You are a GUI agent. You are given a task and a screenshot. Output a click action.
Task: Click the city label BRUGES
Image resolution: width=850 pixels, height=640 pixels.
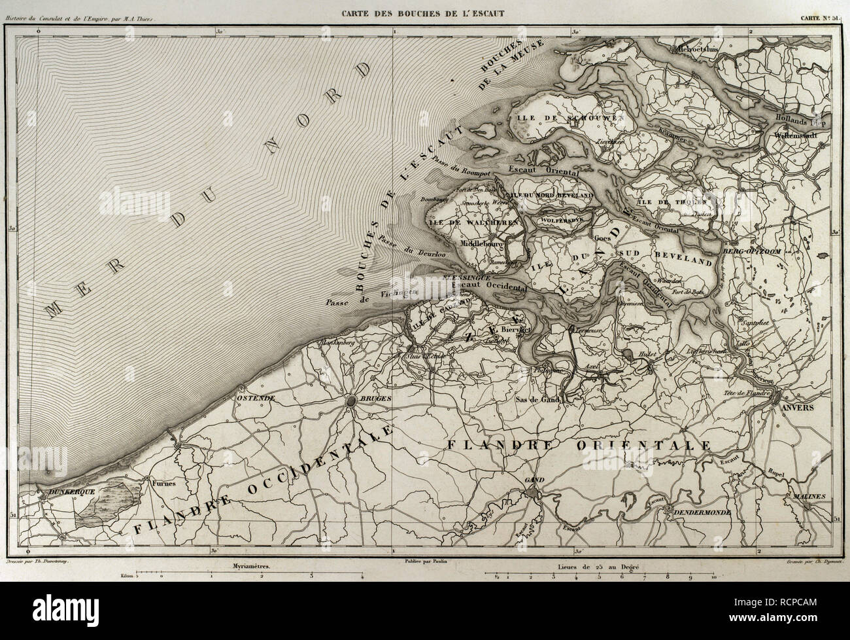375,398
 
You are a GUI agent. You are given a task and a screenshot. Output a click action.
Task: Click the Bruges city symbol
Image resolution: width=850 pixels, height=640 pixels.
352,400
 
